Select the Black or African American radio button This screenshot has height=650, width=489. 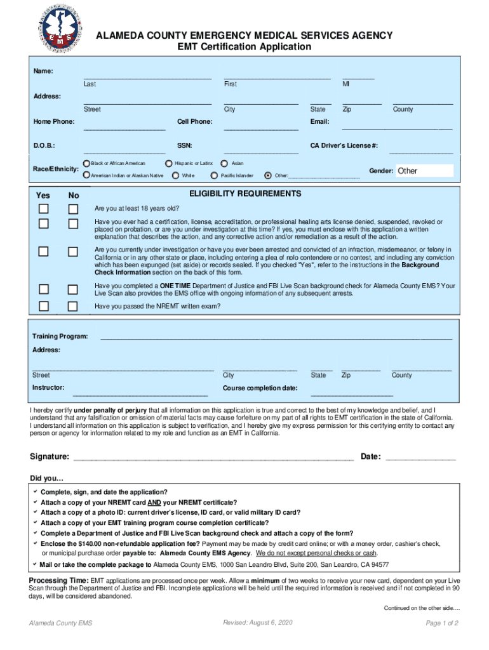point(86,164)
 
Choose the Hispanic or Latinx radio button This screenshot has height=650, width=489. point(170,164)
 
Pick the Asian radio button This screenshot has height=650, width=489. point(225,164)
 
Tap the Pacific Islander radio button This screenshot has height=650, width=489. point(215,175)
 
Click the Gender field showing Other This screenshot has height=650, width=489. point(424,171)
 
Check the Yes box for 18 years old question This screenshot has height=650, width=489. point(43,209)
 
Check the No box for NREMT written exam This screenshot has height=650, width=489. point(74,307)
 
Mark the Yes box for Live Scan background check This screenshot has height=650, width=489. point(43,289)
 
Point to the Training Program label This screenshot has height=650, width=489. point(60,336)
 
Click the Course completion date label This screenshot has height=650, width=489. point(260,388)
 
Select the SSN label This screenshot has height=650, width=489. point(184,145)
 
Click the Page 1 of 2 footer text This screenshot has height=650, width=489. point(442,623)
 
